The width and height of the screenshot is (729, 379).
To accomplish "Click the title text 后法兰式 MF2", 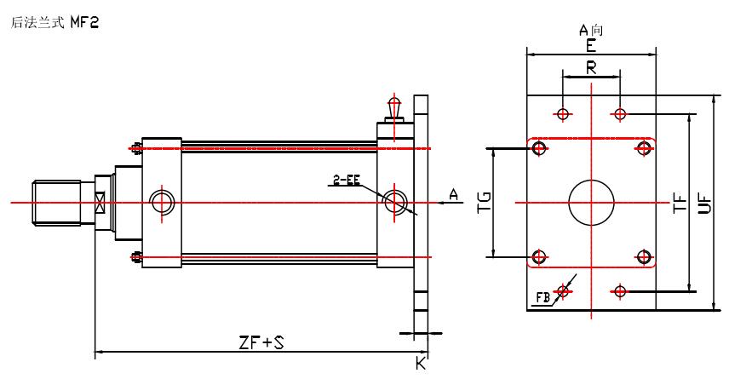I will click(54, 24).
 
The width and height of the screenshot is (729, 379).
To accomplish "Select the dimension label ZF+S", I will click(261, 342).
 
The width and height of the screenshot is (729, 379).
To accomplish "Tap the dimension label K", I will click(420, 364).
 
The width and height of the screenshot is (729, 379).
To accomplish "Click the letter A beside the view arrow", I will click(453, 196).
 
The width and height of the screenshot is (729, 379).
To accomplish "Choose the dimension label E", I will click(591, 45).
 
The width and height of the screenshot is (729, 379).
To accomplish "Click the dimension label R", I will click(591, 67).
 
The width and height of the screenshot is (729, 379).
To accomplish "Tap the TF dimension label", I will click(680, 204).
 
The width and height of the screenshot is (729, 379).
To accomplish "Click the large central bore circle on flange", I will click(591, 203).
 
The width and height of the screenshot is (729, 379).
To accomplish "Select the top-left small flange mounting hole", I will click(563, 113).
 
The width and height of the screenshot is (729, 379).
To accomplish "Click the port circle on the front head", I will click(161, 202).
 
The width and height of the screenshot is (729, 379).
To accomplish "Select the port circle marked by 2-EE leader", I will click(394, 202).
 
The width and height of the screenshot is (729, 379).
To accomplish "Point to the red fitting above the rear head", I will click(393, 107).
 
